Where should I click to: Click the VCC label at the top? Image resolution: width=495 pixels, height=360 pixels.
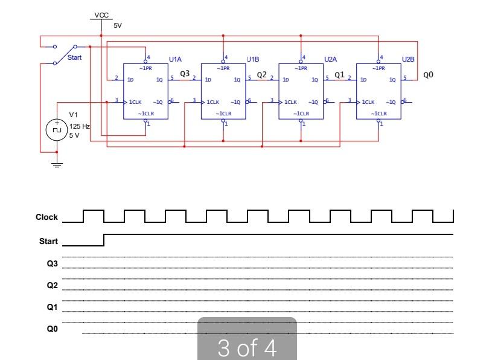coord(101,14)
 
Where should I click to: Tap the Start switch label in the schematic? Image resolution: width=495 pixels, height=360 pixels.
coord(74,58)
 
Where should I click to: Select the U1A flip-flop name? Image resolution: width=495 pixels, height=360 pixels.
coord(175,59)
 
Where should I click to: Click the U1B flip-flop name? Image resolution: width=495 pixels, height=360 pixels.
coord(253,59)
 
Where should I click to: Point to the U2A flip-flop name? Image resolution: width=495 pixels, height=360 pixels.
coord(330,59)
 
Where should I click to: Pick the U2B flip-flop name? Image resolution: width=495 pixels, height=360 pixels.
coord(408,59)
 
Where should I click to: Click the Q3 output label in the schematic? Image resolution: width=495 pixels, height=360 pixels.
coord(185,74)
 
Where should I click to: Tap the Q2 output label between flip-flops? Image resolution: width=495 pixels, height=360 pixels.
coord(262,74)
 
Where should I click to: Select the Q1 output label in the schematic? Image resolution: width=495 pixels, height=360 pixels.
coord(339,74)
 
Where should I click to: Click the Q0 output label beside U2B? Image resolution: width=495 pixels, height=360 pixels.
coord(428,75)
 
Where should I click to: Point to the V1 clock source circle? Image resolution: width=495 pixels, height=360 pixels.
coord(57,129)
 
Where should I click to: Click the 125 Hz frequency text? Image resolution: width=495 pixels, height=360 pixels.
coord(80,126)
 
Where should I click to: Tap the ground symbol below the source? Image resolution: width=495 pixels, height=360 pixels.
coord(57,164)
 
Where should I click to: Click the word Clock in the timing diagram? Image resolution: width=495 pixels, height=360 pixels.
coord(46,217)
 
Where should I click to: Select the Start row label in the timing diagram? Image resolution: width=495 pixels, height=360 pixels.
coord(48,242)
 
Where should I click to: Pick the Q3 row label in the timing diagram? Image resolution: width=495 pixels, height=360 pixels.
coord(53,263)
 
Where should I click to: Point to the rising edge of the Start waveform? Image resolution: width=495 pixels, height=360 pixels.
coord(104,240)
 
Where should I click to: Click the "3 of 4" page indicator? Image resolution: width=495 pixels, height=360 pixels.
coord(247,347)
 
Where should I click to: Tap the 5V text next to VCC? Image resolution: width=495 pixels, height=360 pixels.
coord(117,26)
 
